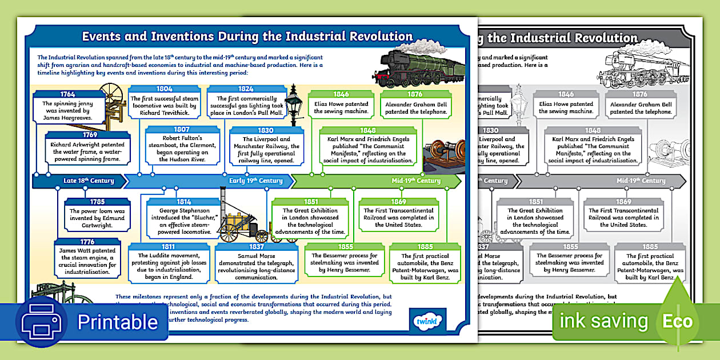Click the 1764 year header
[67, 94]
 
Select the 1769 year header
[89, 135]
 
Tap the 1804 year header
[165, 89]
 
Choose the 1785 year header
[98, 201]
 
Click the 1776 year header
[87, 242]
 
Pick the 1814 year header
[183, 201]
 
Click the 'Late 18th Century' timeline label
[89, 181]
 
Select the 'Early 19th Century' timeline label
[256, 181]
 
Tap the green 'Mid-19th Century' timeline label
[416, 181]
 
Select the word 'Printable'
[117, 322]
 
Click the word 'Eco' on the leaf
[677, 321]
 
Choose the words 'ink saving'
[603, 321]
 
